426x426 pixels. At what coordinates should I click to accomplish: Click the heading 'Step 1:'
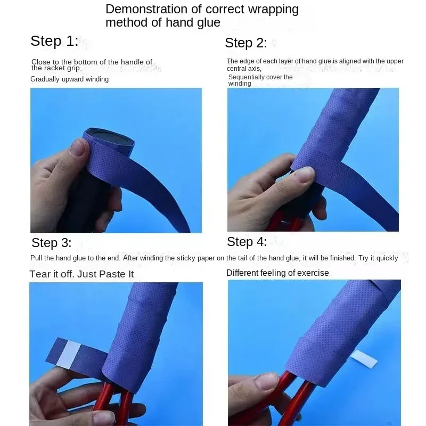[x=54, y=41]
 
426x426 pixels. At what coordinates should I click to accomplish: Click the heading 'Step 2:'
[x=246, y=43]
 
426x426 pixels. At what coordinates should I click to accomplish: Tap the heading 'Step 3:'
[x=51, y=243]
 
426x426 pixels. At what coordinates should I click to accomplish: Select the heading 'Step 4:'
[x=247, y=242]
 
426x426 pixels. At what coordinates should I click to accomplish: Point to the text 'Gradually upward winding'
[x=69, y=79]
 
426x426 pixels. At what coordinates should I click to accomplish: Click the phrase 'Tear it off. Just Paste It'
[x=81, y=274]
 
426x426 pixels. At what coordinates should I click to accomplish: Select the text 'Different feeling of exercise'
[x=277, y=273]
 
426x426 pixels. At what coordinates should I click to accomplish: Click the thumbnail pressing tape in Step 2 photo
[x=305, y=174]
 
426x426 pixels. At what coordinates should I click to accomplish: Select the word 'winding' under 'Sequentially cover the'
[x=240, y=84]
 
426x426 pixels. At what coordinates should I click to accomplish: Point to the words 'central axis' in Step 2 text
[x=243, y=68]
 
